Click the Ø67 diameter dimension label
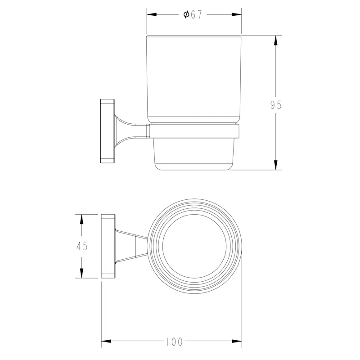point(193,15)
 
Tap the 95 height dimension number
point(276,105)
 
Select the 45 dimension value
point(82,246)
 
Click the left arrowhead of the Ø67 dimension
point(152,14)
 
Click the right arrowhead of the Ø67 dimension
point(237,14)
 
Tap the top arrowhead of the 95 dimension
point(276,40)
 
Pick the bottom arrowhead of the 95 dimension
point(276,165)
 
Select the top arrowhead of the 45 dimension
point(81,219)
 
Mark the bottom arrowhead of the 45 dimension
point(81,273)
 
